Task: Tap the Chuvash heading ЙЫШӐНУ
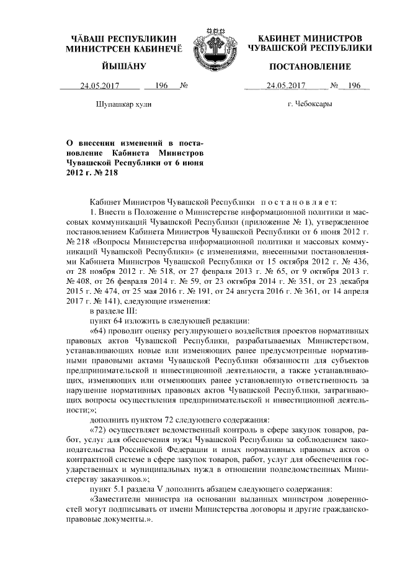tap(123, 66)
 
